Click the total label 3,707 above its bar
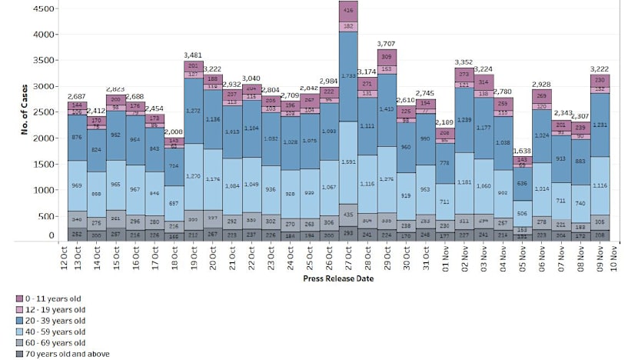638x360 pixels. [386, 43]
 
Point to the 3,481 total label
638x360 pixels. [193, 55]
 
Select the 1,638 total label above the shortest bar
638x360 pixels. [522, 151]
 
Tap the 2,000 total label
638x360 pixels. [174, 132]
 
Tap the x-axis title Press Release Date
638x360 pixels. [338, 279]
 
